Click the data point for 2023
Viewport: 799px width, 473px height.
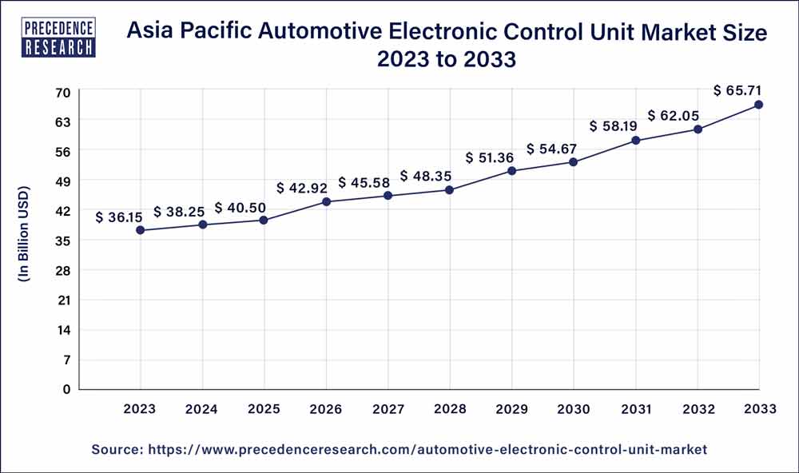coord(141,230)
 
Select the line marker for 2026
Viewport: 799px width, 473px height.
coord(327,201)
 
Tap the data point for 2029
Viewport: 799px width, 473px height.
coord(512,171)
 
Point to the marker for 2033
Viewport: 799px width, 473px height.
coord(759,105)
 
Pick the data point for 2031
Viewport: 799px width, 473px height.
coord(636,141)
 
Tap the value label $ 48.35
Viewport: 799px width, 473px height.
coord(426,175)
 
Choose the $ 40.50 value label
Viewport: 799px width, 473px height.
coord(240,208)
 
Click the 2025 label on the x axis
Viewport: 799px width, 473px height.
coord(264,409)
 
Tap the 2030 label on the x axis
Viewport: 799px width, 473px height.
coord(574,409)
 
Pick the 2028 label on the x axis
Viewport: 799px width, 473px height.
coord(450,409)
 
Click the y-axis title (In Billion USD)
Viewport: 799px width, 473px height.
coord(23,234)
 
